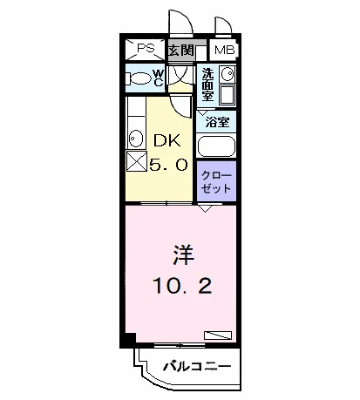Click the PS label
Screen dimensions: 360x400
(x=146, y=48)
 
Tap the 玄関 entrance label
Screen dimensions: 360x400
(x=181, y=50)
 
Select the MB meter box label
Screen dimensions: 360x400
(x=224, y=50)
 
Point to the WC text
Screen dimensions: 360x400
(x=159, y=78)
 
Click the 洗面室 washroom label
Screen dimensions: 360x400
(x=207, y=85)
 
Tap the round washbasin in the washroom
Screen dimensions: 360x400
(x=227, y=74)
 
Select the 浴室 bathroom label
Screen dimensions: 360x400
(x=217, y=122)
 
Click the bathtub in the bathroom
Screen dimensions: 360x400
(x=216, y=146)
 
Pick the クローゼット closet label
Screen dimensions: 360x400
(x=216, y=182)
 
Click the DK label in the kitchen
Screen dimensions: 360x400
(x=167, y=141)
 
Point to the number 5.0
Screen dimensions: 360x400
(x=168, y=166)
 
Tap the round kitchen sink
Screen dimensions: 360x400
(x=135, y=139)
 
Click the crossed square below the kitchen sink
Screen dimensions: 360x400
(x=137, y=161)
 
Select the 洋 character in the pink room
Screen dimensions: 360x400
(x=183, y=254)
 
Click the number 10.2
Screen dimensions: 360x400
(x=182, y=285)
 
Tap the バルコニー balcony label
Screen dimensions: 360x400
(x=197, y=366)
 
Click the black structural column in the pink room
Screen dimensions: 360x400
(x=130, y=338)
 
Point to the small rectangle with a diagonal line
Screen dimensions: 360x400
(x=218, y=336)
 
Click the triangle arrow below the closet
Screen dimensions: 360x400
(x=205, y=208)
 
